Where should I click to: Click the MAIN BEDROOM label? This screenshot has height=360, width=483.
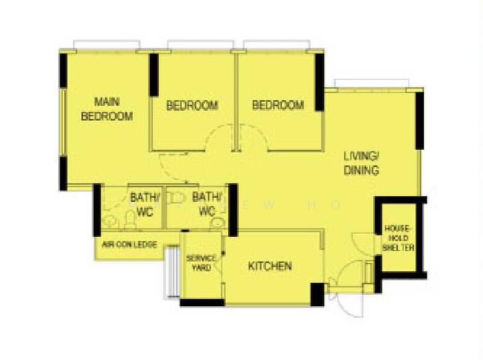pos(107,109)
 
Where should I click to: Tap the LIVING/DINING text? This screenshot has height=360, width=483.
pos(361,163)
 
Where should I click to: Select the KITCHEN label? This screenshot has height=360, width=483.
pos(270,266)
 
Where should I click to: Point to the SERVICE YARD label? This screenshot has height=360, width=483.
pos(200,263)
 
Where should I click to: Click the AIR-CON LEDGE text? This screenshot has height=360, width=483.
pos(130,245)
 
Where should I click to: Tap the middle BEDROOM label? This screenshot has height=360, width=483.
pos(192,106)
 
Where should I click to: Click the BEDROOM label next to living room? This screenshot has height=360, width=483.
pos(278,106)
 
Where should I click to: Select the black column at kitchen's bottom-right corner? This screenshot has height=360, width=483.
pos(316,294)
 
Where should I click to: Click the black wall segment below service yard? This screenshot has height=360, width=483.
pos(202,302)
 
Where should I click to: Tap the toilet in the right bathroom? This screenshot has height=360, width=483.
pos(218,223)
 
